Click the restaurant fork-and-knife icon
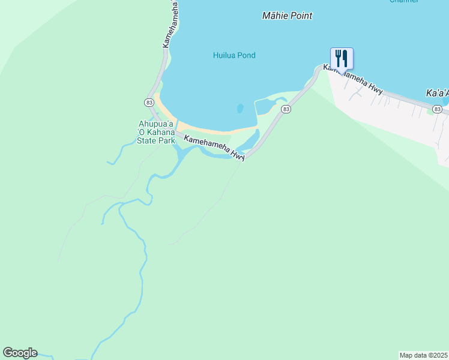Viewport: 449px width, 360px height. coord(342,59)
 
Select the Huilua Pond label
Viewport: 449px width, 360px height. coord(234,56)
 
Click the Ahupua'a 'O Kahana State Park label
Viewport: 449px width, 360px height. coord(157,133)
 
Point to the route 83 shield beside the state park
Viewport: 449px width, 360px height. coord(148,103)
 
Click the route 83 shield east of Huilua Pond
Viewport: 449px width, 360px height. coord(286,109)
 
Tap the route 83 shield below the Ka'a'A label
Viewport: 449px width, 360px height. coord(437,109)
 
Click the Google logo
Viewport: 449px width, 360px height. coord(20,353)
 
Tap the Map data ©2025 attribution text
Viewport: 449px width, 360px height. coord(424,355)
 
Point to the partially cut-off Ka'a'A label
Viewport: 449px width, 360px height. coord(438,94)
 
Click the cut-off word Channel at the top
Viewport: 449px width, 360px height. coord(404,2)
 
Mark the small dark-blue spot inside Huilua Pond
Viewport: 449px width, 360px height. coord(240,109)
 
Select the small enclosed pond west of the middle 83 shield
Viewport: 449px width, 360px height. coord(264,107)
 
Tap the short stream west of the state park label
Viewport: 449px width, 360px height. coord(123,152)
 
